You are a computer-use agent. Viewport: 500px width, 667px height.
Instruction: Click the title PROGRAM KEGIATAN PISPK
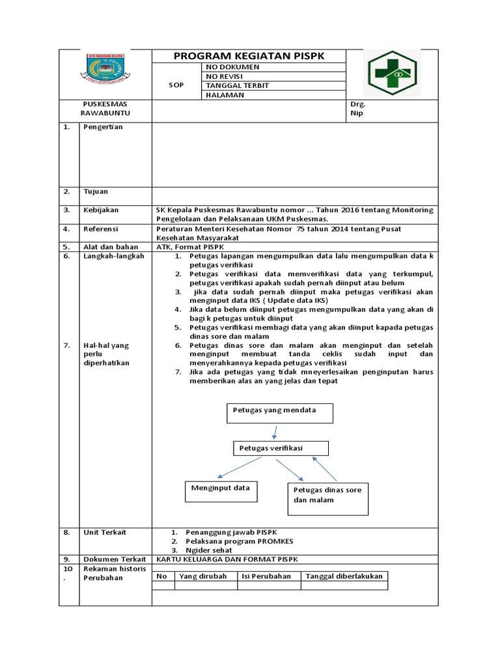pyautogui.click(x=249, y=57)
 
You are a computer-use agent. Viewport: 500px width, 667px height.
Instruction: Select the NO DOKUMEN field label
pyautogui.click(x=232, y=67)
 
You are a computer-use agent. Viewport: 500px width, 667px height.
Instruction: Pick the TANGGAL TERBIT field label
pyautogui.click(x=237, y=85)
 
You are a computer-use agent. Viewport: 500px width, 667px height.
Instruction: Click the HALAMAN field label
pyautogui.click(x=225, y=95)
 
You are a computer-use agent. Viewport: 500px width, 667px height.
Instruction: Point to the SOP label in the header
pyautogui.click(x=176, y=85)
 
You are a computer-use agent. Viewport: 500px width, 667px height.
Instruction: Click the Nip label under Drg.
pyautogui.click(x=356, y=113)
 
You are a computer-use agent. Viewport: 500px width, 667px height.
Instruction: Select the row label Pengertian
pyautogui.click(x=103, y=127)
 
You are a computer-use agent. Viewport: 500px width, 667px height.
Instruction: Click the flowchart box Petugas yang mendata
pyautogui.click(x=279, y=413)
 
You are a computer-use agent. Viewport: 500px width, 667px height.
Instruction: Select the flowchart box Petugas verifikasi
pyautogui.click(x=281, y=448)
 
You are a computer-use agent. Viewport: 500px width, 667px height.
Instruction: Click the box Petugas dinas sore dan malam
pyautogui.click(x=328, y=498)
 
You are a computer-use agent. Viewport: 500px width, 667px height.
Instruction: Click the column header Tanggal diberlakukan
pyautogui.click(x=344, y=576)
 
